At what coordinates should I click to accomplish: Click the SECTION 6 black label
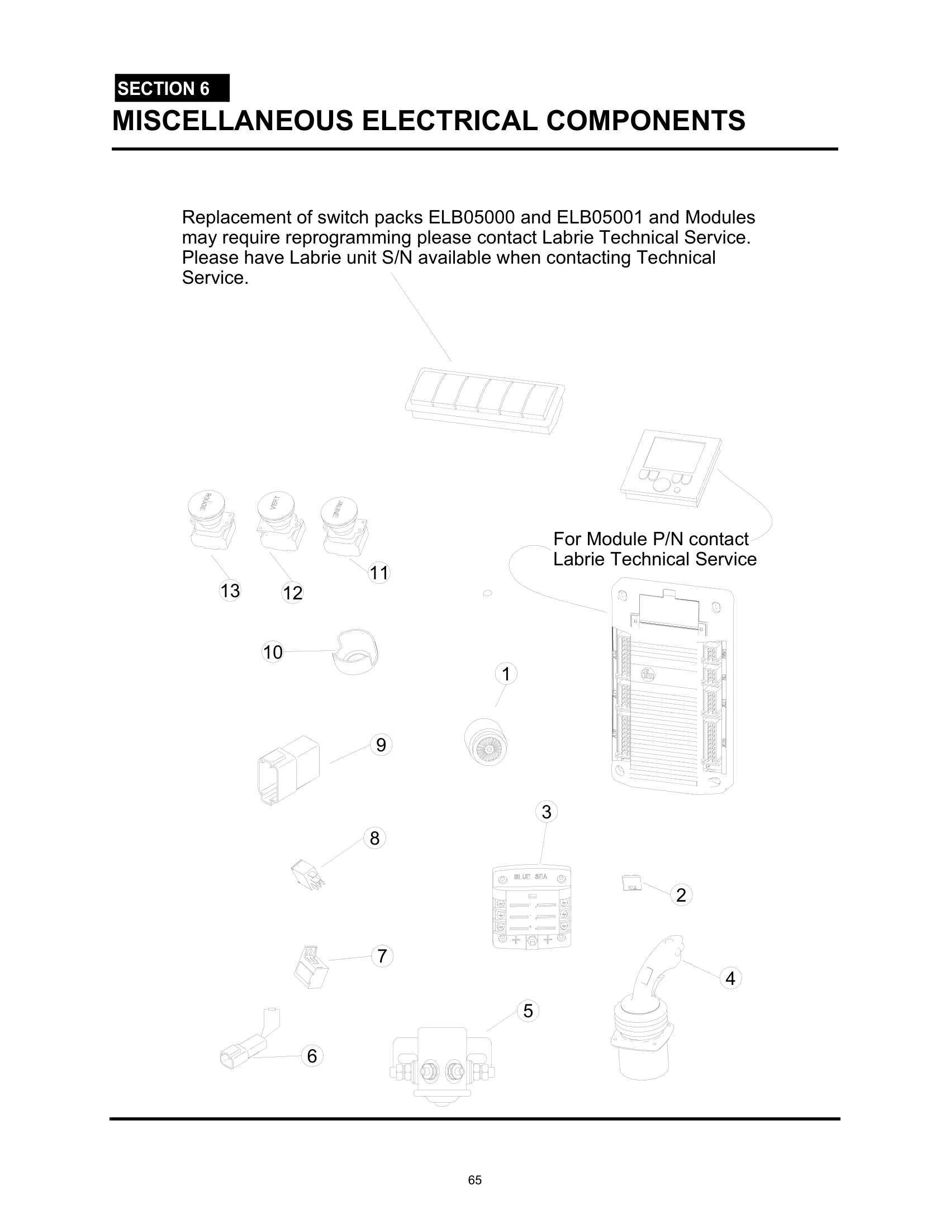pyautogui.click(x=172, y=88)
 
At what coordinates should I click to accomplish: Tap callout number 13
pyautogui.click(x=230, y=591)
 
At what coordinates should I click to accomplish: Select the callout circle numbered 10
pyautogui.click(x=273, y=652)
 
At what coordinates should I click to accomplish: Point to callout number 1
pyautogui.click(x=506, y=674)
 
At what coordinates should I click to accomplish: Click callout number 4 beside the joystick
pyautogui.click(x=730, y=979)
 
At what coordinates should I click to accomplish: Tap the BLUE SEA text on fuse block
pyautogui.click(x=531, y=877)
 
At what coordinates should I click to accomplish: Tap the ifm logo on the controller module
pyautogui.click(x=648, y=674)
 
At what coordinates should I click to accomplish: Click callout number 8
pyautogui.click(x=374, y=839)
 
